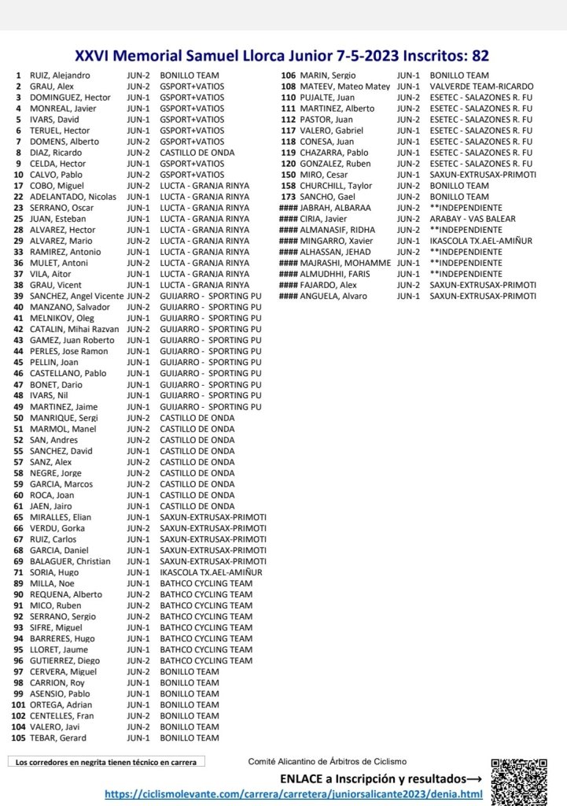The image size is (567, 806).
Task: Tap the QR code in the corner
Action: (518, 779)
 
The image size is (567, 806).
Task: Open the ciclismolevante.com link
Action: (293, 795)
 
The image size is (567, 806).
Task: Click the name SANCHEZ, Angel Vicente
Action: (77, 296)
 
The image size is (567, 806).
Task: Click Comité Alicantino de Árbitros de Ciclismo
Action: (327, 762)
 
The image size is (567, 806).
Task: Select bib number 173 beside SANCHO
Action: (287, 197)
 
